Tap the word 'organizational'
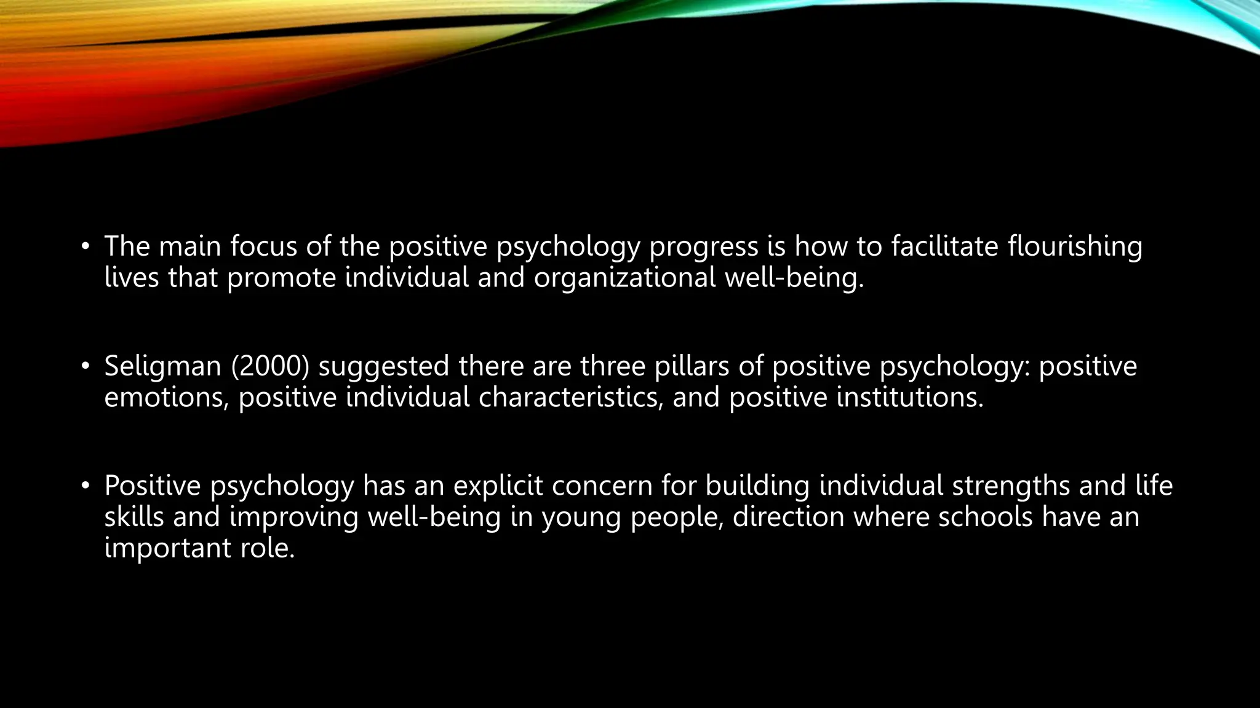coord(624,278)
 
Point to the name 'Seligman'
coord(162,366)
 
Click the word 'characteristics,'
coord(571,398)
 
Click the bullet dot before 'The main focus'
coord(85,248)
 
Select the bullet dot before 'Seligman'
coord(85,368)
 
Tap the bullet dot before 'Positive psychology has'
coord(85,487)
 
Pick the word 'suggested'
coord(384,366)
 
